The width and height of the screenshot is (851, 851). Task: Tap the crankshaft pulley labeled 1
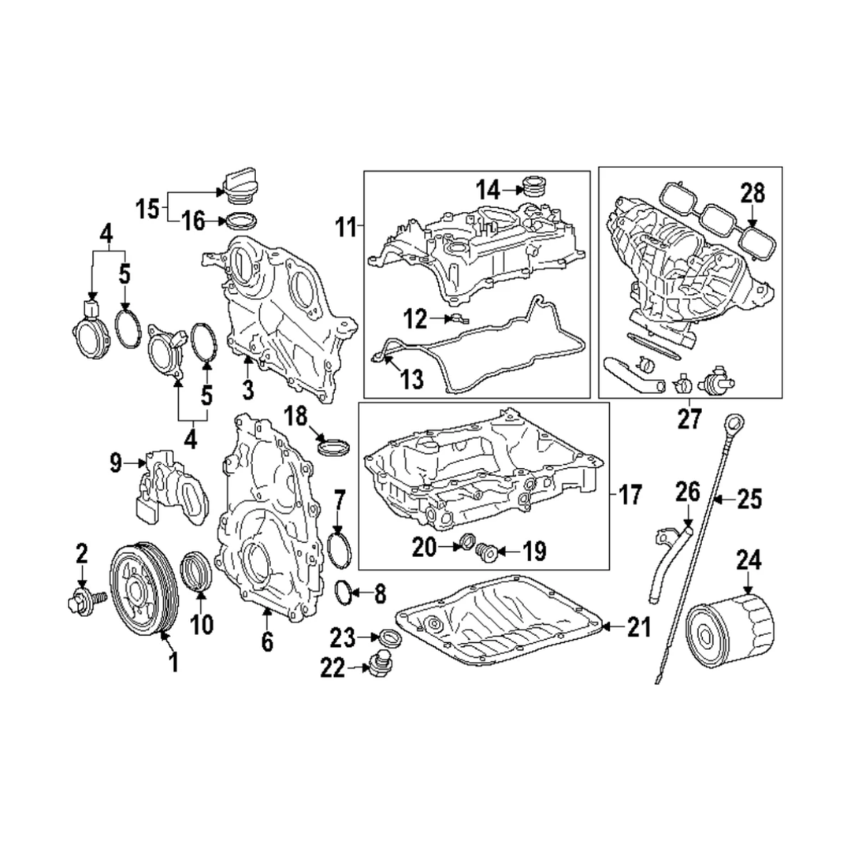pyautogui.click(x=143, y=587)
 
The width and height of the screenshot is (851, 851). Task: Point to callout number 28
pyautogui.click(x=753, y=192)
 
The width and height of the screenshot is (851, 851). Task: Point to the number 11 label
pyautogui.click(x=346, y=229)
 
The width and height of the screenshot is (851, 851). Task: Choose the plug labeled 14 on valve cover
pyautogui.click(x=534, y=188)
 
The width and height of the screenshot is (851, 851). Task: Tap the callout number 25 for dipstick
pyautogui.click(x=750, y=499)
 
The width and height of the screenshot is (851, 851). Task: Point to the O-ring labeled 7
pyautogui.click(x=340, y=548)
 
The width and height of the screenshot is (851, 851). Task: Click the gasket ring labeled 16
pyautogui.click(x=240, y=220)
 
